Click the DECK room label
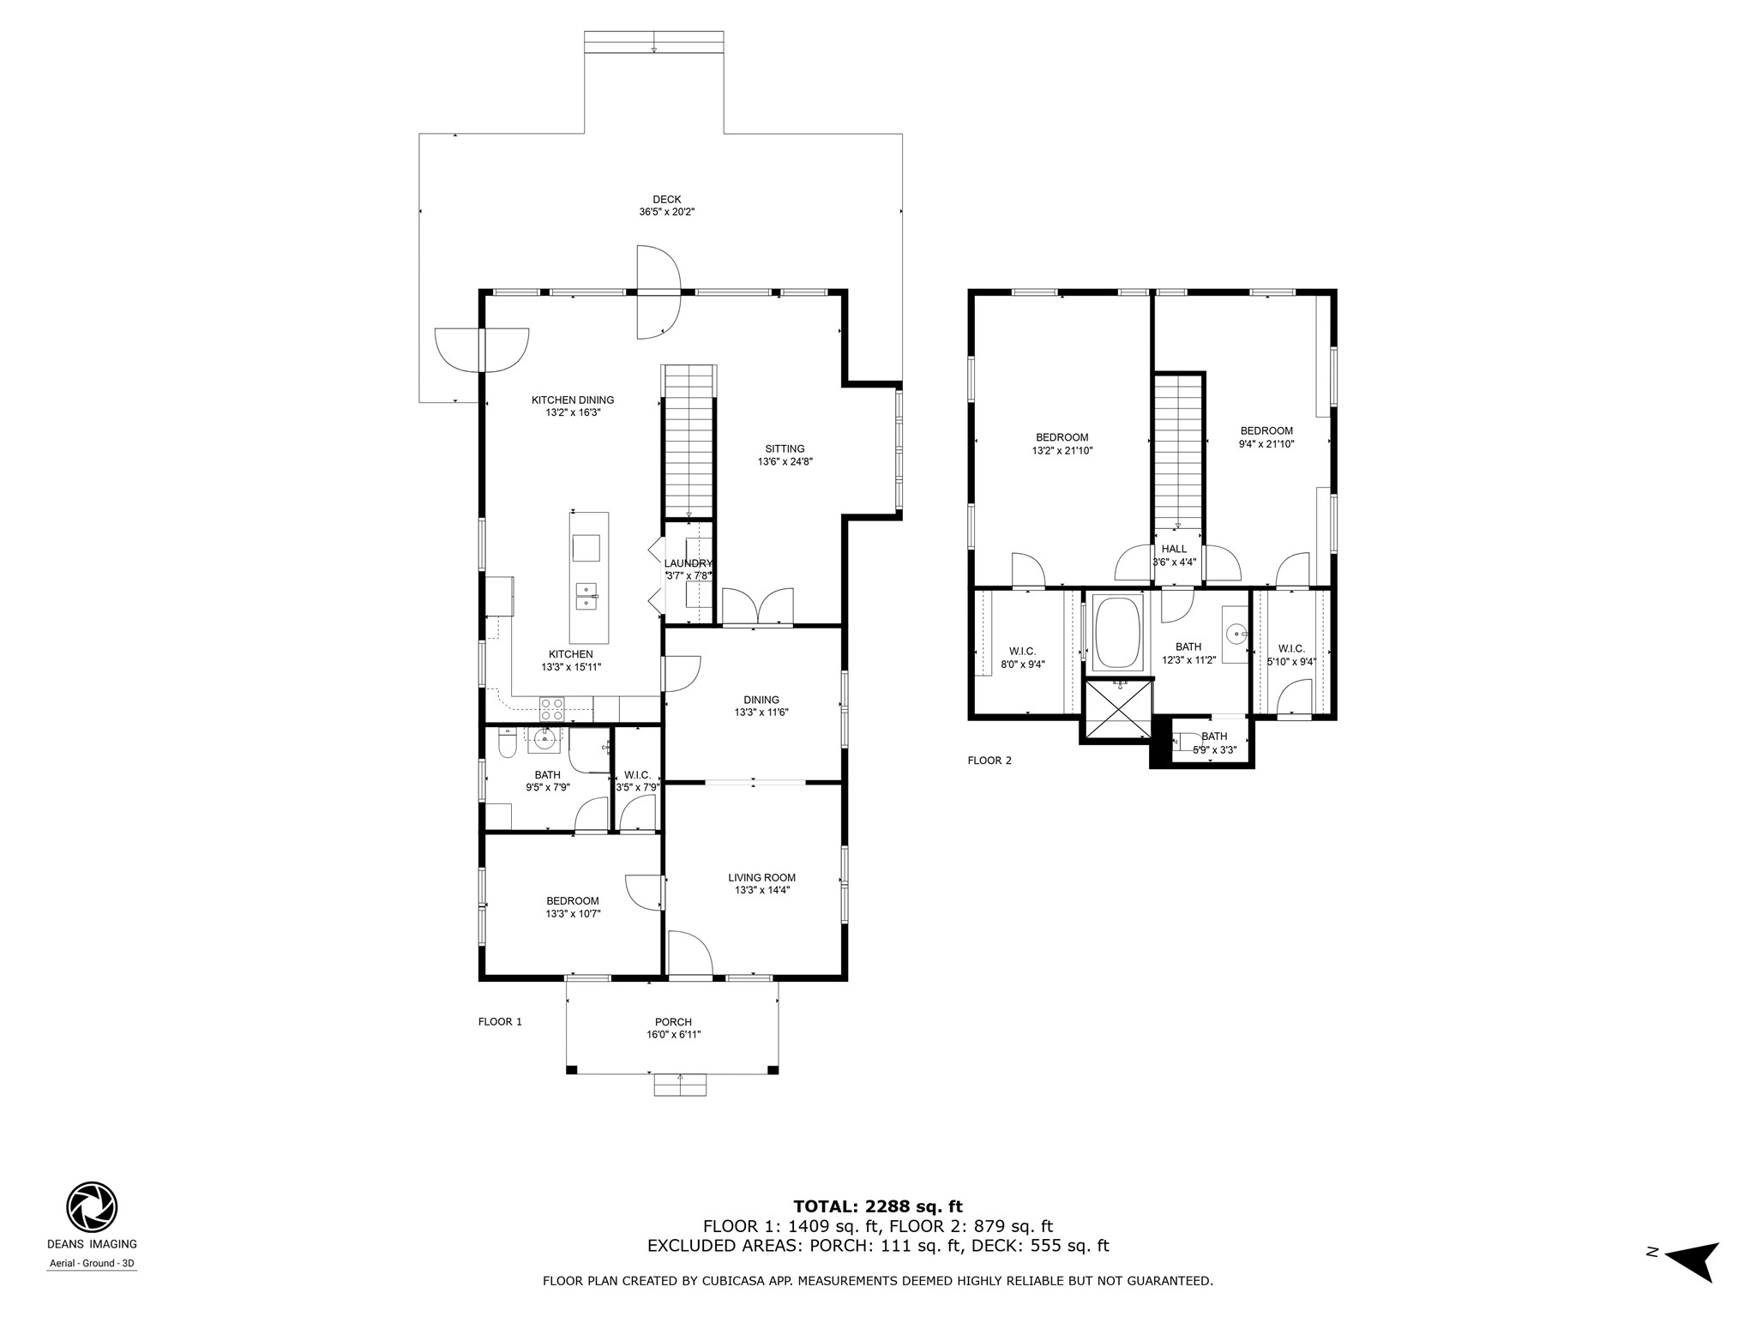(666, 200)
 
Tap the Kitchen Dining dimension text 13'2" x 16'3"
(573, 412)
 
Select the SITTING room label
(785, 448)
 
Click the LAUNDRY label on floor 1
(688, 563)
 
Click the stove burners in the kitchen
(551, 709)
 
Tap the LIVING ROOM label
(761, 877)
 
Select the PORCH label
(673, 1022)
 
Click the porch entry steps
(680, 1085)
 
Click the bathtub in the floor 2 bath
(1117, 633)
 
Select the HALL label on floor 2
(1174, 550)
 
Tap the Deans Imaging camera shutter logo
(92, 1206)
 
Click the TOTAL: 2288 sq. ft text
(878, 1207)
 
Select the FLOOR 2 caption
(989, 761)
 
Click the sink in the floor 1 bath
(544, 738)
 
